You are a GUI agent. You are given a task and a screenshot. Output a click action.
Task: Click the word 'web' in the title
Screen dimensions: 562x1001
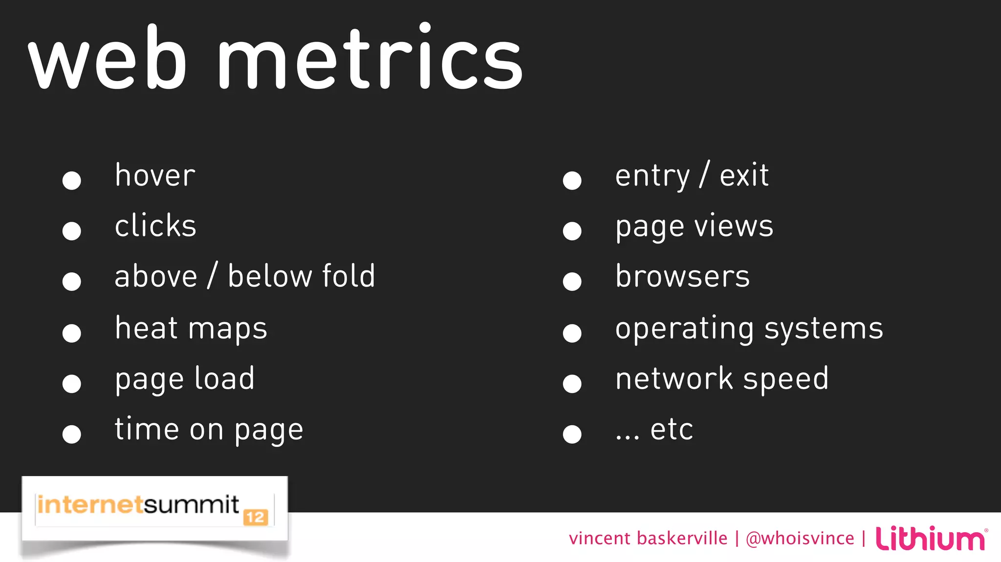[x=108, y=59]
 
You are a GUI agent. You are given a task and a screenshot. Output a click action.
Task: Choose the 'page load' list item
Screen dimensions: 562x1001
[x=185, y=379]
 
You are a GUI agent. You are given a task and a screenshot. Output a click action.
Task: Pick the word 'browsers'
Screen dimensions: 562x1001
[x=682, y=276]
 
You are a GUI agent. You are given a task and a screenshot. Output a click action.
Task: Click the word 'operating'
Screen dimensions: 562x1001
[x=684, y=329]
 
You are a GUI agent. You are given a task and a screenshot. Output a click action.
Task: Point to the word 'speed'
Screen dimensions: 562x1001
[x=785, y=379]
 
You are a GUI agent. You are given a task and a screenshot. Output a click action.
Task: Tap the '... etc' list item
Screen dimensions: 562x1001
[x=654, y=430]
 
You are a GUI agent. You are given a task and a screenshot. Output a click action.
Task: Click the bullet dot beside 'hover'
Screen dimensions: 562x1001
[x=72, y=180]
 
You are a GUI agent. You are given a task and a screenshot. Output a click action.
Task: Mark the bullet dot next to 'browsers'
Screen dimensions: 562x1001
[x=572, y=281]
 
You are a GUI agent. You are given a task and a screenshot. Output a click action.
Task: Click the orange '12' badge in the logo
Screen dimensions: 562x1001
[x=256, y=517]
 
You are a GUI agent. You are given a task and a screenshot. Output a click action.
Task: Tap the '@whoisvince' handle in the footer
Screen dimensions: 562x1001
[x=800, y=539]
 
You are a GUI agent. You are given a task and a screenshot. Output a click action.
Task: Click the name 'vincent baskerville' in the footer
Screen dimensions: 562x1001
[x=648, y=539]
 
